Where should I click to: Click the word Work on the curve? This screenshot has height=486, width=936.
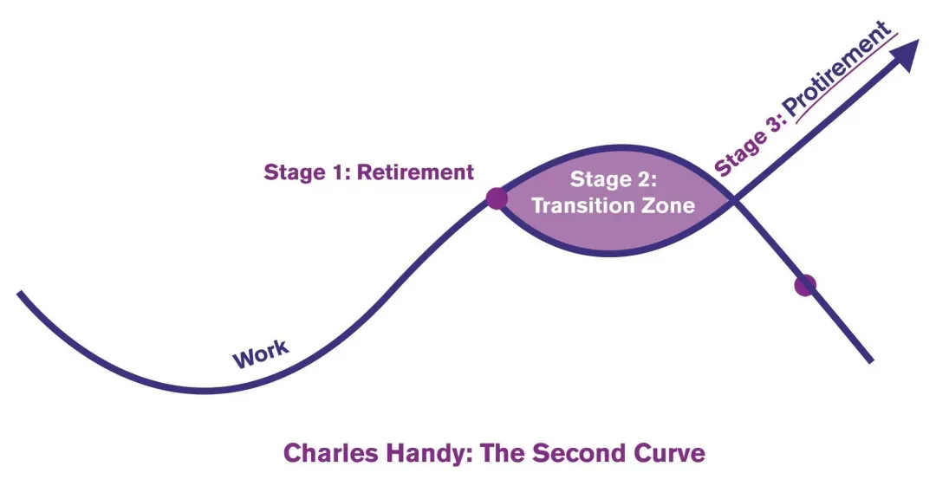[261, 353]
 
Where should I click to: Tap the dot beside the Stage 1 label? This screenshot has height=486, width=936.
[497, 198]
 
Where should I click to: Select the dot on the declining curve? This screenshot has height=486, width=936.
[805, 285]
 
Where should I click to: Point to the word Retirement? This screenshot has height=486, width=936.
[415, 172]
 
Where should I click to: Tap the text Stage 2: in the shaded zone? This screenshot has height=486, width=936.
[614, 179]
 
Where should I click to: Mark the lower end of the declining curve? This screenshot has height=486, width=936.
[872, 361]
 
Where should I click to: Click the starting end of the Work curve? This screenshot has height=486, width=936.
[19, 293]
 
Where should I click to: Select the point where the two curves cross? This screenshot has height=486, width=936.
[733, 200]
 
